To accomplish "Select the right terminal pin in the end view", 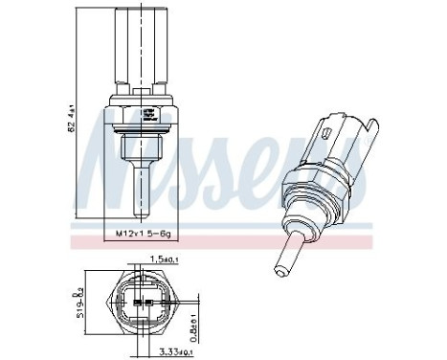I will click(146, 305).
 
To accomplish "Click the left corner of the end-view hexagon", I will click(108, 305).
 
